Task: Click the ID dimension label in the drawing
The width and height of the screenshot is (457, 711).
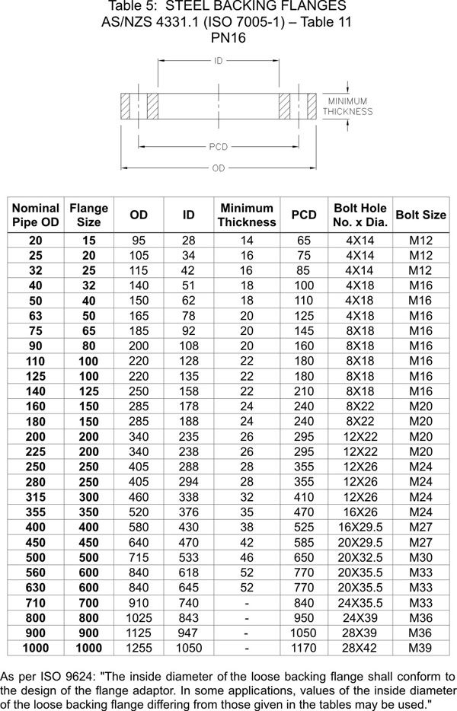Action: (219, 61)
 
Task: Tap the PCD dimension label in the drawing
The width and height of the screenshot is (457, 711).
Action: (219, 146)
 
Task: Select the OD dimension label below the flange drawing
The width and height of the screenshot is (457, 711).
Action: (219, 168)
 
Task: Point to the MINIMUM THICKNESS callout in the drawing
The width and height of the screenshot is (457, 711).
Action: (347, 107)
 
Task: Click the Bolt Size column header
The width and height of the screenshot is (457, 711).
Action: (421, 215)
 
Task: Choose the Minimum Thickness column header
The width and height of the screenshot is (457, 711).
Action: (247, 215)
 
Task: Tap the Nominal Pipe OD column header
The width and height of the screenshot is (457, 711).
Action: (36, 215)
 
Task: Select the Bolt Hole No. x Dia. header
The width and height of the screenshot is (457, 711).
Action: (361, 215)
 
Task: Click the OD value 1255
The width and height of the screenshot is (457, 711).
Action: (139, 648)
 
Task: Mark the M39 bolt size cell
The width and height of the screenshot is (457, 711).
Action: (421, 648)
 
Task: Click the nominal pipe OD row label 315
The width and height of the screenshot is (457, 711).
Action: (36, 497)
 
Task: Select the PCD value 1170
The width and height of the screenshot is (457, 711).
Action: (304, 648)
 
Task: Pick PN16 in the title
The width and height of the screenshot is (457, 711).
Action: (227, 37)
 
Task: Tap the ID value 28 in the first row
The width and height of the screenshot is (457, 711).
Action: (188, 241)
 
